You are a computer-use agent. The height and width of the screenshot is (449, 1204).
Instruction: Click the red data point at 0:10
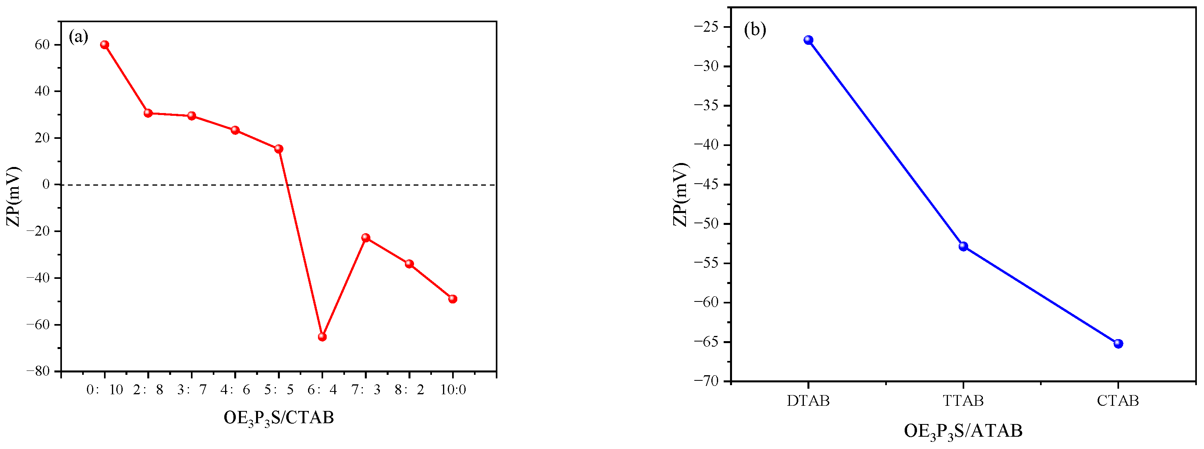(105, 45)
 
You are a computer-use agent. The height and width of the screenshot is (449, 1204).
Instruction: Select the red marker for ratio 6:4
(322, 337)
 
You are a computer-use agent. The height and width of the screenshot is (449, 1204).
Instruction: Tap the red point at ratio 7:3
(366, 238)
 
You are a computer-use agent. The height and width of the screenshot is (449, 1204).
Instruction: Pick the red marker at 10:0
(453, 299)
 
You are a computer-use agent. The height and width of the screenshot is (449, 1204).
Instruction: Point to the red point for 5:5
(279, 149)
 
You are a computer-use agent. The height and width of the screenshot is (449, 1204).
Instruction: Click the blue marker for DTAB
(808, 40)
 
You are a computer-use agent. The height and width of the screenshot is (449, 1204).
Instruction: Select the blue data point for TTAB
(963, 246)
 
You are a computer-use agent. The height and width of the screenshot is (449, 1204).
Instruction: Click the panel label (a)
(78, 36)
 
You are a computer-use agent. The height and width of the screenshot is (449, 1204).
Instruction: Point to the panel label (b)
(755, 29)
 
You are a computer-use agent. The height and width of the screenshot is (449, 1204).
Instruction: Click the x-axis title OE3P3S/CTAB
(279, 418)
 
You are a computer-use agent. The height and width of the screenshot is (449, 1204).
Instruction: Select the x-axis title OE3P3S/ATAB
(963, 431)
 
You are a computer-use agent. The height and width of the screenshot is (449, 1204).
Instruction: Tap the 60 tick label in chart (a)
(42, 45)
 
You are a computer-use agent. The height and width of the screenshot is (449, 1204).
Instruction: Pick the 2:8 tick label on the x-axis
(148, 390)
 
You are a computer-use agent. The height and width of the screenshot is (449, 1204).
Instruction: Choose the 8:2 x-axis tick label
(409, 390)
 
